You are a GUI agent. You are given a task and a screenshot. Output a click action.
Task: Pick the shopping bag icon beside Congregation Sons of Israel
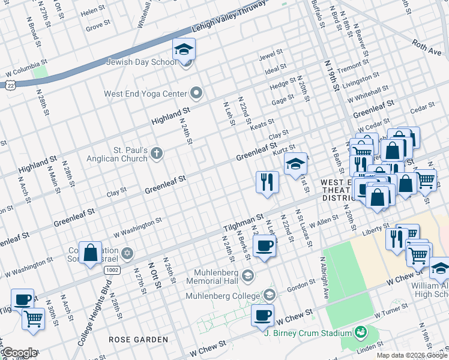click(x=90, y=253)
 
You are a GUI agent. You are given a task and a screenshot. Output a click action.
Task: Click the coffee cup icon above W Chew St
click(x=262, y=315)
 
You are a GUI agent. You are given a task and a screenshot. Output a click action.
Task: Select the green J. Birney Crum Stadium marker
click(x=360, y=332)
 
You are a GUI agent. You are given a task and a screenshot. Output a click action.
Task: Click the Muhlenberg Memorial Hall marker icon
click(x=249, y=275)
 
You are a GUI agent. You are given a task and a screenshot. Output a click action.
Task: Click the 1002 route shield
click(x=112, y=271)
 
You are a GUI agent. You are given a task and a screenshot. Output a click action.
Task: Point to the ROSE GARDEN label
click(x=138, y=340)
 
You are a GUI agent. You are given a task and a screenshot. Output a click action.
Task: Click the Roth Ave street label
click(x=427, y=47)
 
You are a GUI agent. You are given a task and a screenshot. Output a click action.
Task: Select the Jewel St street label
click(x=270, y=58)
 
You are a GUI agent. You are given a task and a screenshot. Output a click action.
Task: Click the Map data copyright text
click(x=411, y=355)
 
